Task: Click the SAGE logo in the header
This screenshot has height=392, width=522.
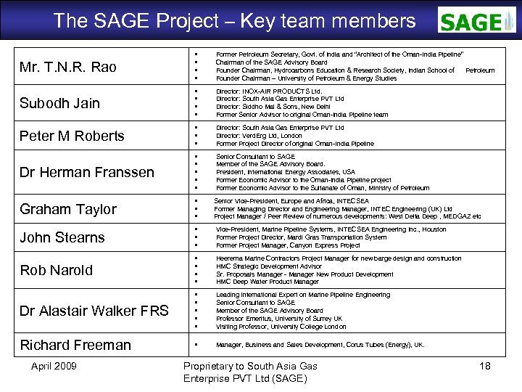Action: coord(476,21)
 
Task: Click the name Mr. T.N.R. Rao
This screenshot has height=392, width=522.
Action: coord(68,68)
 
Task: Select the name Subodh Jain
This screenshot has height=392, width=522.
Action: coord(60,103)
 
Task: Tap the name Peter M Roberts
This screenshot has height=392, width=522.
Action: coord(72,136)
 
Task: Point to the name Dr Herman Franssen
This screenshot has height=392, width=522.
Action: coord(87,172)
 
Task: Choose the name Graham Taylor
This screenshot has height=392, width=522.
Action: coord(68,209)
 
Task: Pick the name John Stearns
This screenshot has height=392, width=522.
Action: coord(62,237)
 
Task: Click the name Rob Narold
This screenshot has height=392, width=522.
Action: coord(57,270)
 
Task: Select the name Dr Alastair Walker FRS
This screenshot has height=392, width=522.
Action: coord(94,311)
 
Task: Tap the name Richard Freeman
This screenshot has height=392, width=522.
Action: coord(75,345)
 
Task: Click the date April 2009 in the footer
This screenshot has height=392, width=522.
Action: coord(54,366)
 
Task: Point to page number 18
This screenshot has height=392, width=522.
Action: coord(485,366)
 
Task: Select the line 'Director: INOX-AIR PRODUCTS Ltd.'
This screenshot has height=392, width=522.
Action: coord(268,91)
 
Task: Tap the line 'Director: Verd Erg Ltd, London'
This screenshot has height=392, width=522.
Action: coord(259,136)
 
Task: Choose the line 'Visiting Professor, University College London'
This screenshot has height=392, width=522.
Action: coord(281,327)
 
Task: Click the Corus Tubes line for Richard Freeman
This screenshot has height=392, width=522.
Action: coord(320,345)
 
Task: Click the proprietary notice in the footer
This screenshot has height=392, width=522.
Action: coord(249,372)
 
